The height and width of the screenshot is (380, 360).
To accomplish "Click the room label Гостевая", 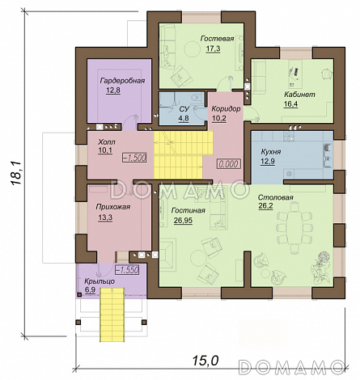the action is pos(217,39).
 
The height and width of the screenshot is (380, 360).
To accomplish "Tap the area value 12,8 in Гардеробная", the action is pos(113,90).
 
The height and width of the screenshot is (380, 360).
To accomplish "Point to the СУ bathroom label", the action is pos(184,109).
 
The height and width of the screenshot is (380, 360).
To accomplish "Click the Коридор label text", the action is pos(226,109).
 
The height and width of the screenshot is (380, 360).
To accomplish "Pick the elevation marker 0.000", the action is pos(229,164).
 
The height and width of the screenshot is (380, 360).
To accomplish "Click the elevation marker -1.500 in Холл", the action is pos(134,158).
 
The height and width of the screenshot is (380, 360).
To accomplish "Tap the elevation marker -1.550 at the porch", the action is pos(127,270).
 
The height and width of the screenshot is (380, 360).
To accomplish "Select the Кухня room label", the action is pos(271,152).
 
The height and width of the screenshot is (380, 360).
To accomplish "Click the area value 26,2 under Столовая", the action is pos(265,206).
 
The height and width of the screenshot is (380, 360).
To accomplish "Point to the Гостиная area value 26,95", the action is pos(183,221).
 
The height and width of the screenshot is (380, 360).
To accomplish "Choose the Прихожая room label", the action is pos(113,207).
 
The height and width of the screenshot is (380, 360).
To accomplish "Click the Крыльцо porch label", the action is pos(100,281).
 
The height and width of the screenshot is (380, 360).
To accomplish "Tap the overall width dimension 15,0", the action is pos(205,361).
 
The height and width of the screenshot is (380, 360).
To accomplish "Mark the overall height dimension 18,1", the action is pos(16,174).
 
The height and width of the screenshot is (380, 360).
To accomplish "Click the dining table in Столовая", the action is pos(294,228).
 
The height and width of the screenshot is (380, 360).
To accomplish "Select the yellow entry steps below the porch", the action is pos(112,315).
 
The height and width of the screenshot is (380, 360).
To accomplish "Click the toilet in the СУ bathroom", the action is pos(197,99).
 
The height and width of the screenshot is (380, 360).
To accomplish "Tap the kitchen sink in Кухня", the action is pos(327,156).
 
